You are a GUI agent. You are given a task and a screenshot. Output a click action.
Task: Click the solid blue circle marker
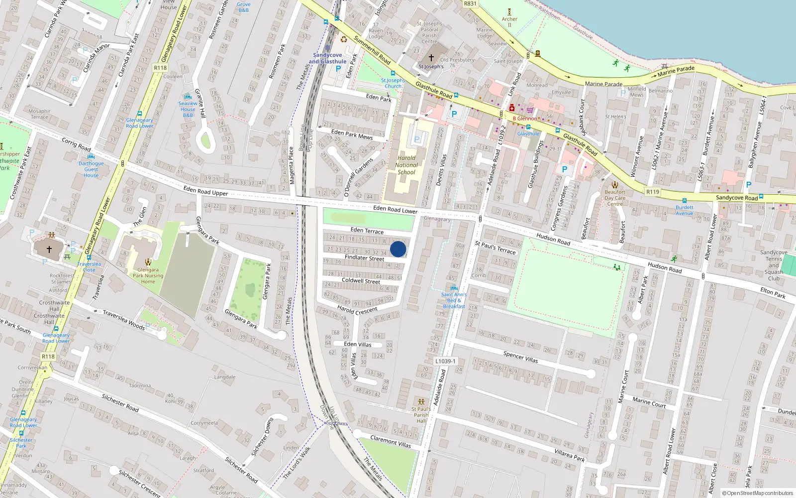pos(398,249)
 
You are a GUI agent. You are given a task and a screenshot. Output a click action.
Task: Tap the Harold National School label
pos(406,165)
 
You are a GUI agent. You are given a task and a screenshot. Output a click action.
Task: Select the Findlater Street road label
pos(364,257)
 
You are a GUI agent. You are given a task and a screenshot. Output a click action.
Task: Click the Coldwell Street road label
pos(361,281)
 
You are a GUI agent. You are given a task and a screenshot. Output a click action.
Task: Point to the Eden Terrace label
pos(367,231)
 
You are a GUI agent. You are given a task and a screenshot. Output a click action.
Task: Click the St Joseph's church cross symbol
pos(431,58)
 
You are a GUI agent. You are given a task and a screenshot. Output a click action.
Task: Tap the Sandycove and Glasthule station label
pos(327,58)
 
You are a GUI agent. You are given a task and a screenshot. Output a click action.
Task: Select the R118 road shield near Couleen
pos(160,68)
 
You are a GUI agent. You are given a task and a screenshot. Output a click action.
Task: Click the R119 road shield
pos(652,192)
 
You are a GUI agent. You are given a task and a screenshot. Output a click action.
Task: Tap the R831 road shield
pos(470,3)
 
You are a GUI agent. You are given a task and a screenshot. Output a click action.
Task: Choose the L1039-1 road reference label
pos(445,361)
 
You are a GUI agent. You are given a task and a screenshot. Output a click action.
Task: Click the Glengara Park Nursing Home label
pos(148,275)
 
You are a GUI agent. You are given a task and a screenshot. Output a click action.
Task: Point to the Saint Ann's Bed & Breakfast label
pos(454,300)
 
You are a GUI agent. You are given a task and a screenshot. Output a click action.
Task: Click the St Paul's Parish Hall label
pos(421,415)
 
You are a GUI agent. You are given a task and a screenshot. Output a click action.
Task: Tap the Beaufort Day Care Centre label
pos(615,198)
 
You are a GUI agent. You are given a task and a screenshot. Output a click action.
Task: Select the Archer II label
pos(509,22)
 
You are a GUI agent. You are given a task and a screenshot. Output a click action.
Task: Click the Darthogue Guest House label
pos(91,169)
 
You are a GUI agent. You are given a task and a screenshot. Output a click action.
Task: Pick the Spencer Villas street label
pos(520,357)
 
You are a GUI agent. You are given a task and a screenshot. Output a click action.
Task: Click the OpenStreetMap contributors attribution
pos(757,493)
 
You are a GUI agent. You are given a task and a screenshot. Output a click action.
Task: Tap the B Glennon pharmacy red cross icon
pos(511,108)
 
